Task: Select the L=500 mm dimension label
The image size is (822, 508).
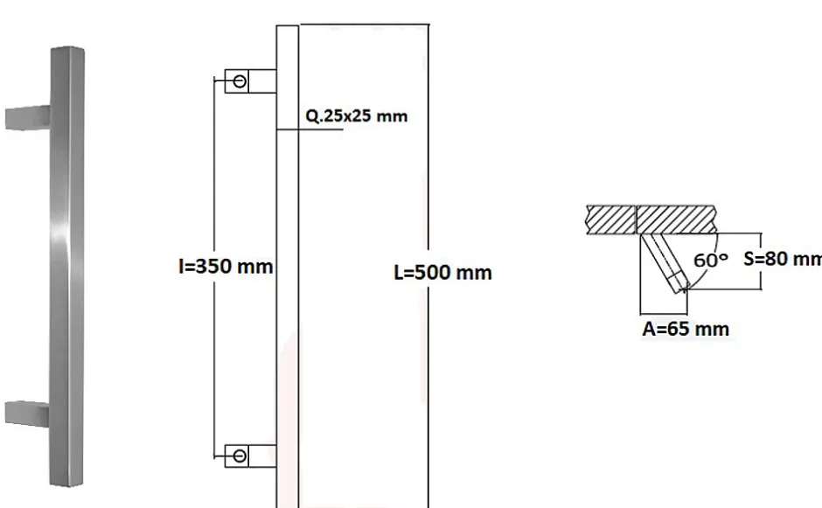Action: (442, 273)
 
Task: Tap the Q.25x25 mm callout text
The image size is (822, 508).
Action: (356, 115)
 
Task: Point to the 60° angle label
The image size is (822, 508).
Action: (709, 260)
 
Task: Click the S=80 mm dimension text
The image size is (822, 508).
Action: (782, 259)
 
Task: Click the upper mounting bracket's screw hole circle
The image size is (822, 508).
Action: (240, 81)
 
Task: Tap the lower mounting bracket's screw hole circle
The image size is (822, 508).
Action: (240, 455)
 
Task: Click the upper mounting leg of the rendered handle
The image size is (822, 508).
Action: (26, 117)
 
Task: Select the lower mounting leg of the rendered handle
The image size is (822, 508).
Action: (26, 411)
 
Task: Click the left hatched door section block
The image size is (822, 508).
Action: (612, 218)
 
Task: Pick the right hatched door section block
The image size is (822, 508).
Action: (678, 218)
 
